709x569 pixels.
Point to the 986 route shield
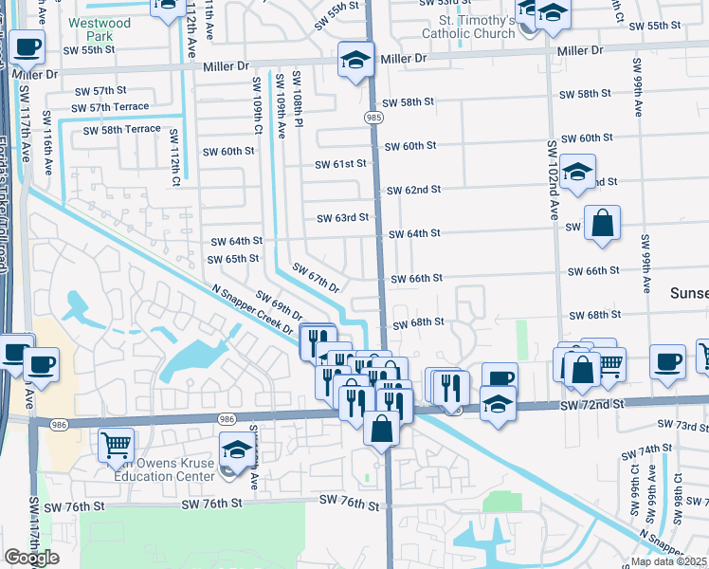tap(227, 417)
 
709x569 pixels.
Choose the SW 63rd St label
tap(342, 218)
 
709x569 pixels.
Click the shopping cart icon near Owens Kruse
tap(116, 443)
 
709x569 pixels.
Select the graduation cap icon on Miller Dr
tap(355, 61)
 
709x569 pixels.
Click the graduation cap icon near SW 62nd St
tap(577, 172)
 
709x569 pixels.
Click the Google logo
tap(31, 558)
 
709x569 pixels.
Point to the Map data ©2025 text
tap(667, 561)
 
